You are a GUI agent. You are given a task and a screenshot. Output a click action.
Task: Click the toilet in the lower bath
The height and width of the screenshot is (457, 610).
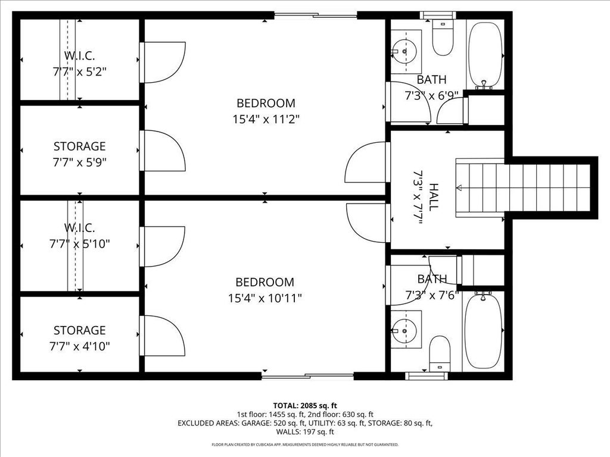(440, 354)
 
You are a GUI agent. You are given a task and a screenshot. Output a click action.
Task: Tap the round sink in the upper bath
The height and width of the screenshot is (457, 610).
(404, 51)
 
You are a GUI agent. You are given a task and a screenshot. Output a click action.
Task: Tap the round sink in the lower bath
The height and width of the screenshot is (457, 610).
(404, 331)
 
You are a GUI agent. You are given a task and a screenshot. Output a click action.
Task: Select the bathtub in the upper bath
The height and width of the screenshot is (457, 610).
(484, 55)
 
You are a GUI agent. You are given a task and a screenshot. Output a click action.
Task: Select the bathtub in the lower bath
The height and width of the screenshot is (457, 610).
(484, 331)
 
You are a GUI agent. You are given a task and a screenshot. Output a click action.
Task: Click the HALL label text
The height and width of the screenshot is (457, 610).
(433, 197)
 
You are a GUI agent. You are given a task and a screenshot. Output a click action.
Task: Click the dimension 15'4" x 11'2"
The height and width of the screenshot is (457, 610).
(266, 119)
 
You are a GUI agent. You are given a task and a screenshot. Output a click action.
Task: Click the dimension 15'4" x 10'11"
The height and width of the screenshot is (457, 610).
(265, 298)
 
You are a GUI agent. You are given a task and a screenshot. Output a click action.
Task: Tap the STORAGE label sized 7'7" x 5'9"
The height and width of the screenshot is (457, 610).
(79, 146)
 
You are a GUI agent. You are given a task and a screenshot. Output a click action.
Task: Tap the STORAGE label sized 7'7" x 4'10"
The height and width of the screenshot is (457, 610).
(79, 330)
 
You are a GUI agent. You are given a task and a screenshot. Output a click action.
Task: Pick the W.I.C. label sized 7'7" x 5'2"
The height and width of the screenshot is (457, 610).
(79, 55)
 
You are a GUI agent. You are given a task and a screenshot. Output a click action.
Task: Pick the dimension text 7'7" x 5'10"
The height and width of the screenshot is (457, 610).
(79, 244)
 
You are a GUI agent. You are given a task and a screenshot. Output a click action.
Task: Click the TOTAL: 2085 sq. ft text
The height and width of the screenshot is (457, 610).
(305, 406)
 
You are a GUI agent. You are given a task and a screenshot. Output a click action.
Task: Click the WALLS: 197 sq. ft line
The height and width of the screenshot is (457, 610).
(305, 431)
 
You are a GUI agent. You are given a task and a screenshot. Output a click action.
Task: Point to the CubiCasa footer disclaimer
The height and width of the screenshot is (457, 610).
(305, 445)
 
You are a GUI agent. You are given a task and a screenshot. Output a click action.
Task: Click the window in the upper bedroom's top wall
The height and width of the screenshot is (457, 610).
(316, 15)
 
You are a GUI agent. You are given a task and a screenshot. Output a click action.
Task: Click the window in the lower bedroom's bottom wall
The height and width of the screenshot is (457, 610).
(307, 376)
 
